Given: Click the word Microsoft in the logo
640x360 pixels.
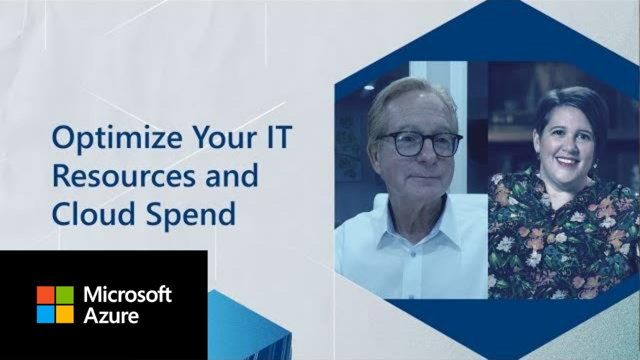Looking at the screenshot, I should point(127,295).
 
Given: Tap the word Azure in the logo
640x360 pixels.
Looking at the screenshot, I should point(111,316).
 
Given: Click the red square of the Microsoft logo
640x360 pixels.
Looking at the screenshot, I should point(45,294).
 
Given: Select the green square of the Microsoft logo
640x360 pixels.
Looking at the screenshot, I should point(64,294).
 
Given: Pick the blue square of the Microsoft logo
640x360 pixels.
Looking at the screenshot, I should point(45,314).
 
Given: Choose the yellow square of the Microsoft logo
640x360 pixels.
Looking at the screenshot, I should point(64,314).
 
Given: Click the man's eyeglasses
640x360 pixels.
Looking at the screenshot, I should point(420,144).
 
